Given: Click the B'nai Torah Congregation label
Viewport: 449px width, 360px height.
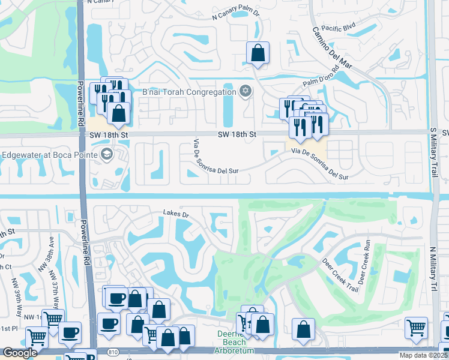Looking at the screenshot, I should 189,92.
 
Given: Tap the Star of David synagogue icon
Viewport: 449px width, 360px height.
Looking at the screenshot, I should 244,92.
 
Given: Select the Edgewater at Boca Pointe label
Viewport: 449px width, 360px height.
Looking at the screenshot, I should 49,154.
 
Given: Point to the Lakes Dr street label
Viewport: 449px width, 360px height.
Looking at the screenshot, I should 176,214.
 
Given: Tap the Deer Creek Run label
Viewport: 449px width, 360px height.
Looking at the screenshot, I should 363,262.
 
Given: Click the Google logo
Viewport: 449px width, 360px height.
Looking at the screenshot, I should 20,353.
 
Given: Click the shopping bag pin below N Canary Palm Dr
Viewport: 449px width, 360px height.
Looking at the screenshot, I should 258,53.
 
